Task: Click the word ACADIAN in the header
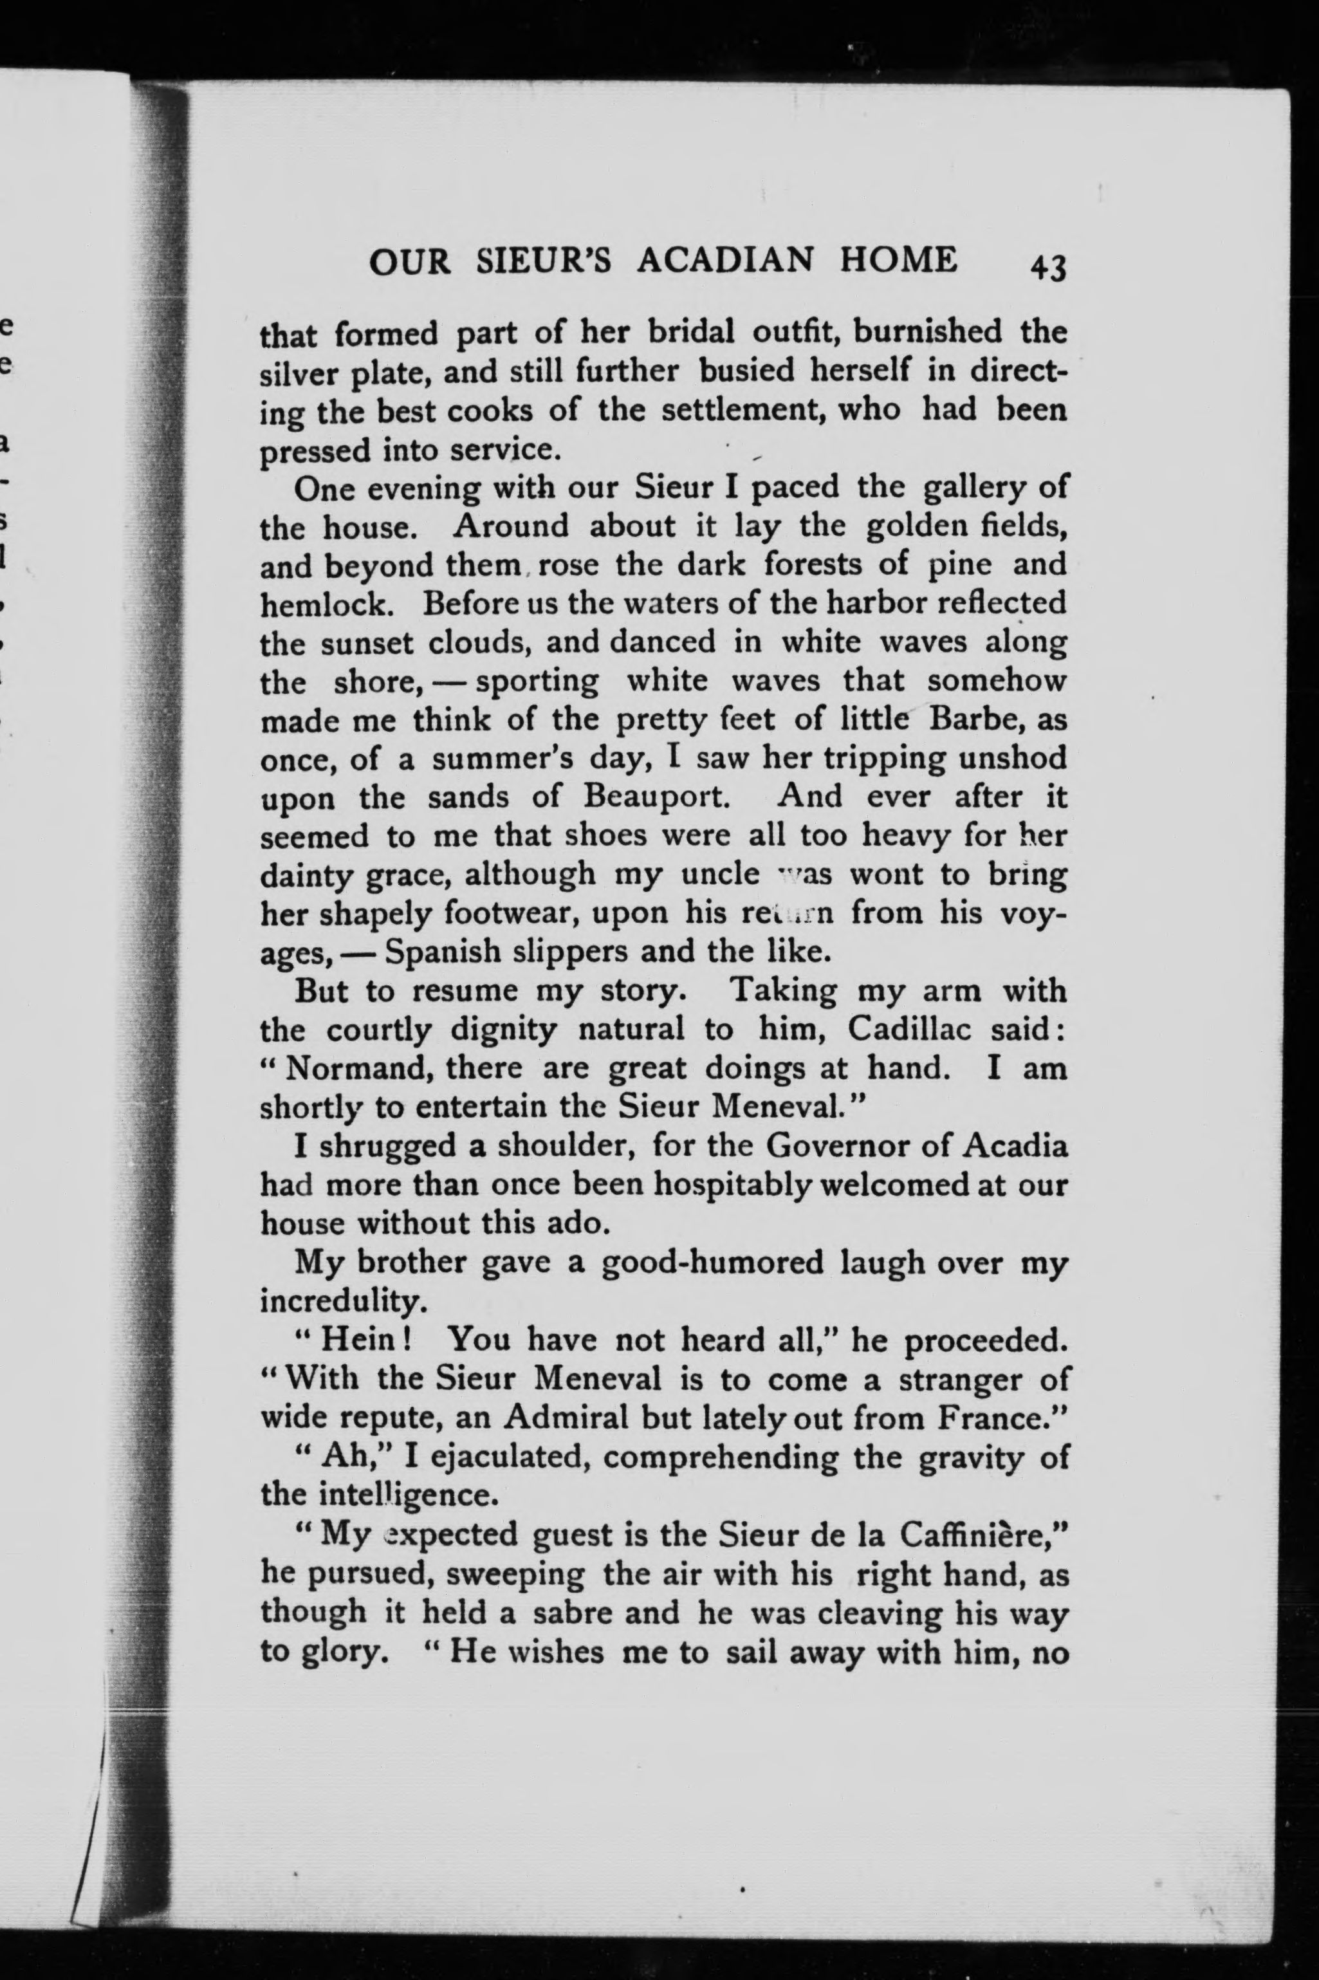click(725, 261)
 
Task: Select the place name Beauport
click(654, 797)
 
